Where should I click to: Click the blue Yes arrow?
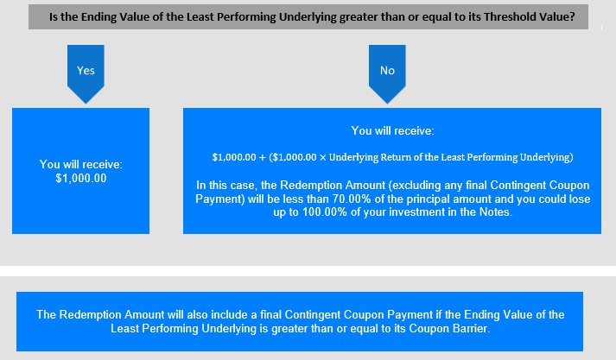coord(86,73)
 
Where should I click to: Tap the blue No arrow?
coord(387,73)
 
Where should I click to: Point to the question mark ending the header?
coord(572,17)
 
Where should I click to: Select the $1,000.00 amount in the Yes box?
coord(81,178)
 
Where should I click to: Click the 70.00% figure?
coord(352,199)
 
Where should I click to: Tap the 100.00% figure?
coord(325,212)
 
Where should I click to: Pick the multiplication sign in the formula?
coord(322,157)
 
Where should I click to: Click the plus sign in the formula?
coord(263,157)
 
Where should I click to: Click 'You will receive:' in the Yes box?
coord(81,164)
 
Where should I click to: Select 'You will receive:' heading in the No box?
coord(392,130)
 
